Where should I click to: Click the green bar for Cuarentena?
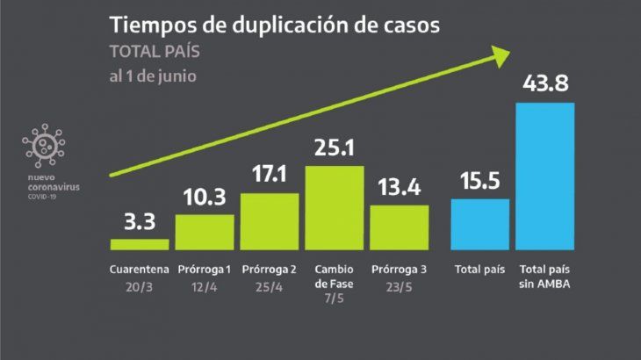pos(140,244)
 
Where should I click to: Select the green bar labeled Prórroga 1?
pos(205,232)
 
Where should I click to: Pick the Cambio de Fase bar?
pos(334,207)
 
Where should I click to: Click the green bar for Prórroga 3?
pos(400,227)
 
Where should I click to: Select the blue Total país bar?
pos(480,224)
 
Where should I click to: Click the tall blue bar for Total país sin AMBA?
pos(544,176)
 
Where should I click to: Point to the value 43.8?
pos(544,86)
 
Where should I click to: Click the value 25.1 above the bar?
pos(334,148)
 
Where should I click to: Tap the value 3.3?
pos(140,222)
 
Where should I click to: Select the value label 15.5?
pos(480,182)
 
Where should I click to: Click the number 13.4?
pos(400,188)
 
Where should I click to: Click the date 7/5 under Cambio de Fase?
pos(334,299)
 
